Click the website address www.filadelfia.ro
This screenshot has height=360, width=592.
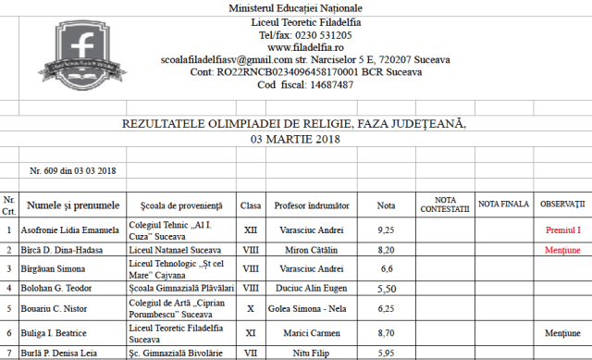305,46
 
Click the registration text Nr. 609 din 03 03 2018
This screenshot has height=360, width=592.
73,170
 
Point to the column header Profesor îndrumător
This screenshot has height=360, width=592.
312,205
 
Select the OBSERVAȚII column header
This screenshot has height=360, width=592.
562,203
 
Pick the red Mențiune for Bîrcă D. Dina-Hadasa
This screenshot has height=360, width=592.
562,250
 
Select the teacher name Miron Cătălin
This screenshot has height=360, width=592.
312,250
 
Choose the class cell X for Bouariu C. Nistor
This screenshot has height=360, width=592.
250,308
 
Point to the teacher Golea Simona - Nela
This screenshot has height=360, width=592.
312,308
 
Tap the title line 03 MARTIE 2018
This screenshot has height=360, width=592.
295,140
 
